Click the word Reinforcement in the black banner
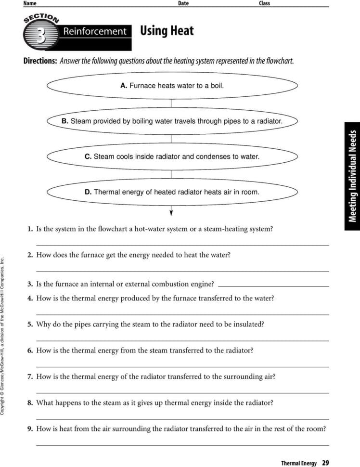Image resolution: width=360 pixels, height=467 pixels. pyautogui.click(x=94, y=32)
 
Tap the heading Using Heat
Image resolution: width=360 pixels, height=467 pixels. pyautogui.click(x=167, y=31)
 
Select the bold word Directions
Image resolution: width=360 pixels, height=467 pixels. pyautogui.click(x=40, y=62)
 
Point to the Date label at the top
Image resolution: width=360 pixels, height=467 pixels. pyautogui.click(x=183, y=3)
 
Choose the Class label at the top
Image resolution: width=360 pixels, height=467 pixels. pyautogui.click(x=264, y=3)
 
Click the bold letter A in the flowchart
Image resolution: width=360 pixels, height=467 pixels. pyautogui.click(x=123, y=86)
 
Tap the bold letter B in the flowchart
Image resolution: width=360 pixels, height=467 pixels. pyautogui.click(x=65, y=121)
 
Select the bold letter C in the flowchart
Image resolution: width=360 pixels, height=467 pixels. pyautogui.click(x=88, y=156)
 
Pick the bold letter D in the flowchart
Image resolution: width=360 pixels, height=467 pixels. pyautogui.click(x=88, y=192)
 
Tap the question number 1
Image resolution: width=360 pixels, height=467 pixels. pyautogui.click(x=30, y=229)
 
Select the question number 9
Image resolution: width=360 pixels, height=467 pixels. pyautogui.click(x=30, y=428)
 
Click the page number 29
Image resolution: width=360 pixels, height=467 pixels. pyautogui.click(x=325, y=463)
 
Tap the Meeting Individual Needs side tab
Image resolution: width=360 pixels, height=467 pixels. pyautogui.click(x=352, y=176)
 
